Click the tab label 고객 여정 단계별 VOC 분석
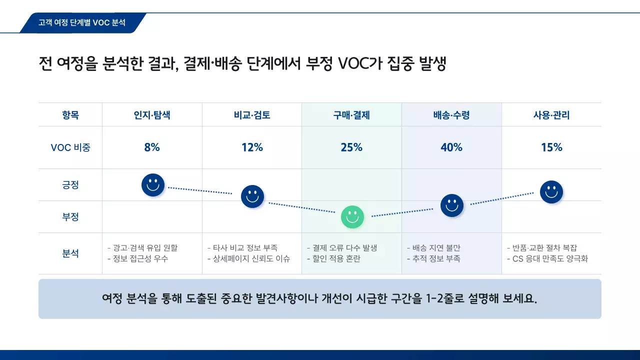[x=82, y=23]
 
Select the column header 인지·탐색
[x=152, y=115]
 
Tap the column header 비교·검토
[x=252, y=115]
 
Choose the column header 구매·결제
[x=351, y=115]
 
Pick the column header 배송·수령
[x=451, y=115]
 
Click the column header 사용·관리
[x=551, y=115]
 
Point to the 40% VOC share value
[x=451, y=147]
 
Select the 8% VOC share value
[x=152, y=147]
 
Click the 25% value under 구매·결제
[x=351, y=147]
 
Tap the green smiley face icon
[x=352, y=217]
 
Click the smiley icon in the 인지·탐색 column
[x=153, y=185]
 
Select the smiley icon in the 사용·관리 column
[x=551, y=192]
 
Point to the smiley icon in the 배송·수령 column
[x=452, y=205]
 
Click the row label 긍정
[x=70, y=185]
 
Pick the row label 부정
[x=70, y=217]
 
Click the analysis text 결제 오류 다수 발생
[x=344, y=248]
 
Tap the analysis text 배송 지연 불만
[x=436, y=248]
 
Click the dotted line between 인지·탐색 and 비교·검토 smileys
[x=200, y=190]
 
